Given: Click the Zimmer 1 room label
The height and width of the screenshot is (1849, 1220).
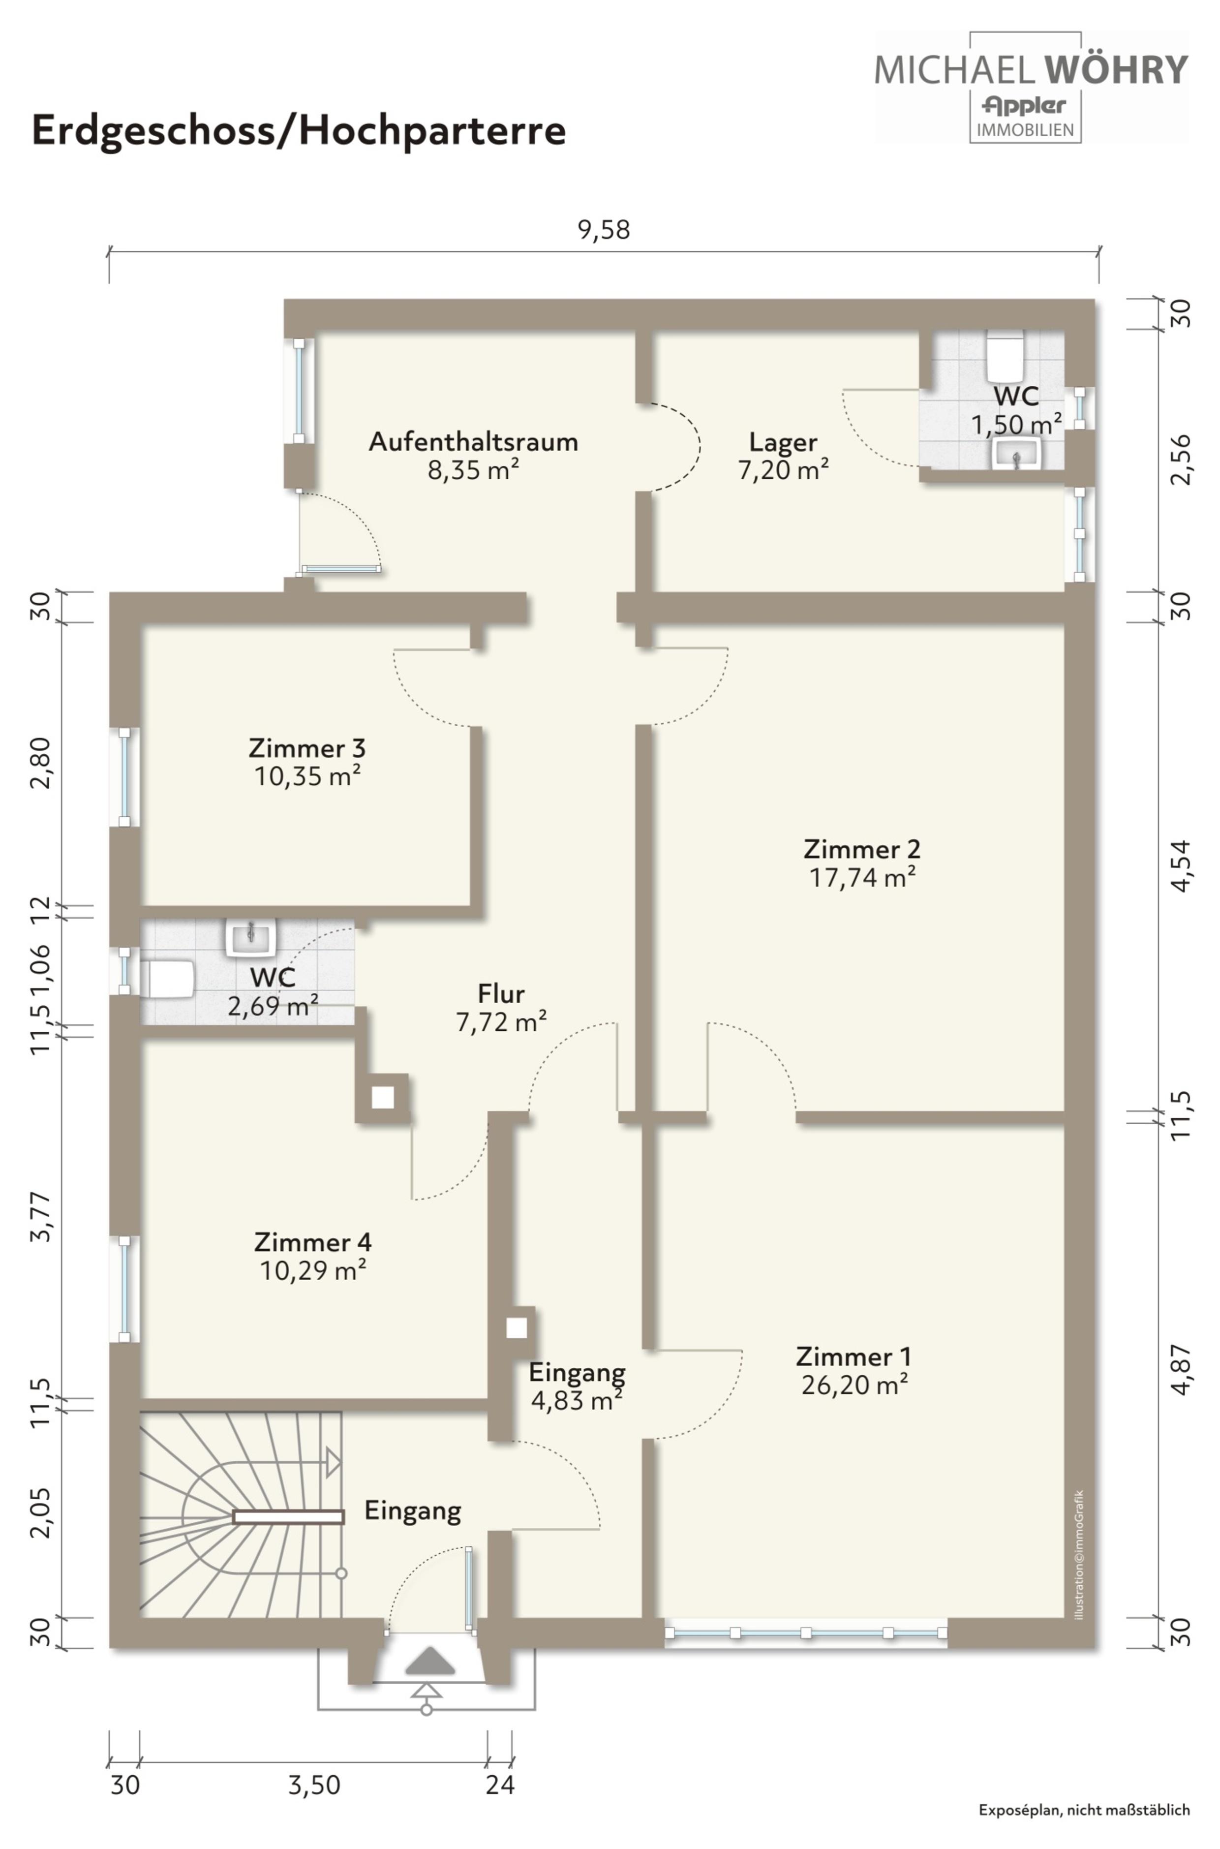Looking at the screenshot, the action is (x=854, y=1356).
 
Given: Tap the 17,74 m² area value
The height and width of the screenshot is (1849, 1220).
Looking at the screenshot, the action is (x=862, y=877).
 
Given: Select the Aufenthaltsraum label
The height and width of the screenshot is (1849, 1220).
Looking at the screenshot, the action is (x=473, y=441).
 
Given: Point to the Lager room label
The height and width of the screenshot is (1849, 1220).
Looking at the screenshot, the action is (x=783, y=442).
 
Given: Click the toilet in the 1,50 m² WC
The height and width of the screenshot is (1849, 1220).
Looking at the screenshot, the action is (x=1005, y=354).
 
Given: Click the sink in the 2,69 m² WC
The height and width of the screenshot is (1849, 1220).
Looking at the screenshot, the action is (x=250, y=938).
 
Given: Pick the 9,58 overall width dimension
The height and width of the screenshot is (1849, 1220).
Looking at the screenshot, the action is (x=604, y=230).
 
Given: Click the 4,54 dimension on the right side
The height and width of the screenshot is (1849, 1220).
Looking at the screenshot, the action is (x=1180, y=865).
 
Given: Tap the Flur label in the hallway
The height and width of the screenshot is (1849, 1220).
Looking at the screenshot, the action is (x=501, y=994).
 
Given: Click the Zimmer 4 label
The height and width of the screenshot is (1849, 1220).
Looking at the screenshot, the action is (x=313, y=1241).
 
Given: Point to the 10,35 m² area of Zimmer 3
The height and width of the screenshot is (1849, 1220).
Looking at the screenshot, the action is (x=307, y=776).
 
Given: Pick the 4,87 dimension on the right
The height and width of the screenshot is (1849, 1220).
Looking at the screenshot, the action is (x=1180, y=1370).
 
